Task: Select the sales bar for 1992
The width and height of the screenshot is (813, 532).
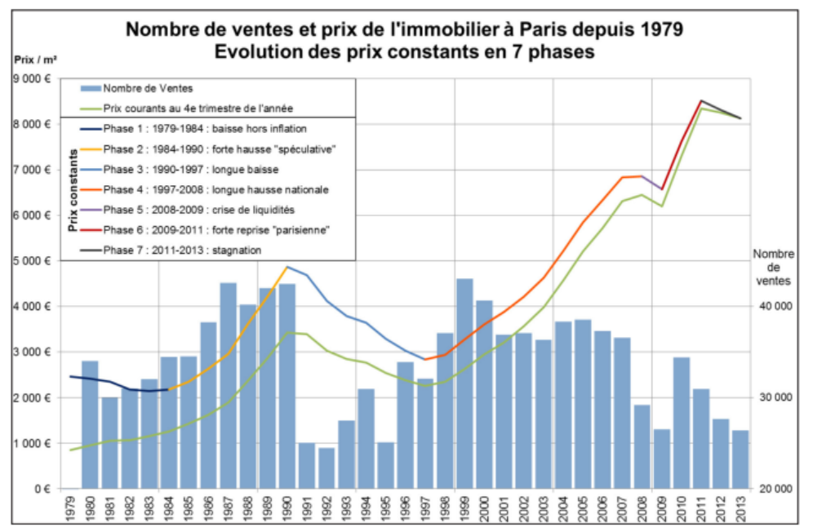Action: [327, 468]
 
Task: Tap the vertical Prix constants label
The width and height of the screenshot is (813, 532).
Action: [73, 189]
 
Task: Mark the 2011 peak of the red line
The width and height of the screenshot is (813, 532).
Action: [701, 100]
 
